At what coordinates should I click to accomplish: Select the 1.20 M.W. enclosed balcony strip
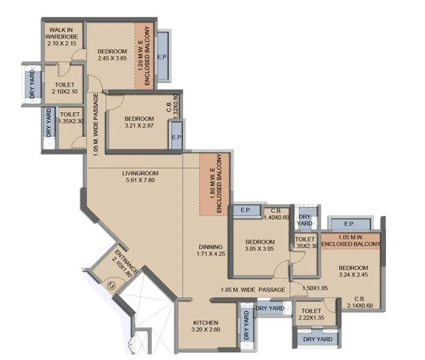[143, 56]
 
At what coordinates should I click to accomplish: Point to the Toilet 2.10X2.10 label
[64, 89]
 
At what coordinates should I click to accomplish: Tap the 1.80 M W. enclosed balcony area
[214, 184]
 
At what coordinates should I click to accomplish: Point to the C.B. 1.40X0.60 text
[276, 214]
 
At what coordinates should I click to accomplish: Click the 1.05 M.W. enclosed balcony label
[351, 241]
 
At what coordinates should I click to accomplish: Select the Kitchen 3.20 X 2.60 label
[205, 326]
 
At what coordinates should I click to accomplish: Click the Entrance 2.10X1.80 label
[125, 262]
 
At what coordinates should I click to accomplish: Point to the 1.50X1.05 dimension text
[316, 289]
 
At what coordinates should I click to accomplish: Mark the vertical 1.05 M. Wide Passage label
[96, 125]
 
